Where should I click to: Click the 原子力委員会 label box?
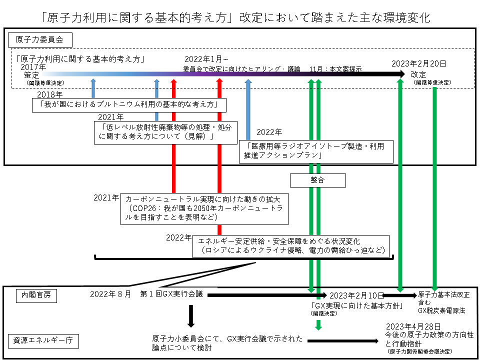pyautogui.click(x=39, y=39)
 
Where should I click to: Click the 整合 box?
pyautogui.click(x=317, y=180)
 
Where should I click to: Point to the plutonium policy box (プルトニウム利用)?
pyautogui.click(x=127, y=105)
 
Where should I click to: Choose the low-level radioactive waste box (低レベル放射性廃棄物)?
pyautogui.click(x=165, y=132)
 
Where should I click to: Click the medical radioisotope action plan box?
pyautogui.click(x=316, y=151)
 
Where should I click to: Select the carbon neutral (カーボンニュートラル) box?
pyautogui.click(x=205, y=207)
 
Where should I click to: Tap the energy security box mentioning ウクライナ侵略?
pyautogui.click(x=291, y=245)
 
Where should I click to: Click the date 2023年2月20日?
pyautogui.click(x=418, y=63)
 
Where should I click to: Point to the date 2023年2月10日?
pyautogui.click(x=356, y=295)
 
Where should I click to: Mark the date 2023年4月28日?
pyautogui.click(x=406, y=325)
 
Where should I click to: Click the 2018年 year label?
pyautogui.click(x=50, y=94)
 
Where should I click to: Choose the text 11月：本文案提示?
pyautogui.click(x=335, y=69)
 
